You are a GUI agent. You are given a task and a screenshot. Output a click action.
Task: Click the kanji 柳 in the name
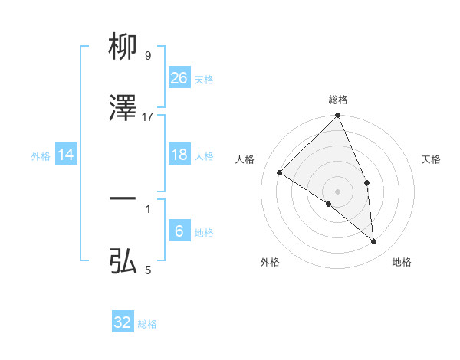point(123,47)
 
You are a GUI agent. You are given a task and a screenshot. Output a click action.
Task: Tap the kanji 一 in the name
point(123,198)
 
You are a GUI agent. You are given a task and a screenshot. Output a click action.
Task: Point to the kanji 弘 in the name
point(123,261)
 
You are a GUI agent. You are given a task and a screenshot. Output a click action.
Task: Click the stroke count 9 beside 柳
point(148,56)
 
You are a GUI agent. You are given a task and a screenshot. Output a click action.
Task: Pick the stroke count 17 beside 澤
point(148,116)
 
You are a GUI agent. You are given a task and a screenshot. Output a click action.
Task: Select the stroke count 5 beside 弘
point(148,270)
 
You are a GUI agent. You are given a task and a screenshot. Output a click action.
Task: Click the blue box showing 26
point(179,77)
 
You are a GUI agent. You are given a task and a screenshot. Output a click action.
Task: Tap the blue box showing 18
point(179,155)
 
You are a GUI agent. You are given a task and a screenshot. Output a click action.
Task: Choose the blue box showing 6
point(179,231)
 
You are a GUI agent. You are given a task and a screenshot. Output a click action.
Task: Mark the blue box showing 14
point(66,155)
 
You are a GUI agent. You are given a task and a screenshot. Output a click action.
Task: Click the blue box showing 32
point(123,322)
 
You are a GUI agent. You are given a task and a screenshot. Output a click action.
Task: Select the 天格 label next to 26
point(204,80)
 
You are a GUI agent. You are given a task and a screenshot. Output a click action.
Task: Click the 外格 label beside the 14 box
point(41,156)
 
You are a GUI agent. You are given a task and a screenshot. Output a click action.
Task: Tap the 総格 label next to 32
point(147,324)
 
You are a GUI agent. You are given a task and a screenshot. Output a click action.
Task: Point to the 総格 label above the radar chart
point(338,100)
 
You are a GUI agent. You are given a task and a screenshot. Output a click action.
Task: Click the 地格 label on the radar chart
point(402,263)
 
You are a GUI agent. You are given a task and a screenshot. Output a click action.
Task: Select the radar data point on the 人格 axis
point(280,172)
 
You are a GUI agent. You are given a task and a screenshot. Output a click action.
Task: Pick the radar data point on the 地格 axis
point(374,241)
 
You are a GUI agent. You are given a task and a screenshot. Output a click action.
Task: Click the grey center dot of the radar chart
point(338,191)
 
